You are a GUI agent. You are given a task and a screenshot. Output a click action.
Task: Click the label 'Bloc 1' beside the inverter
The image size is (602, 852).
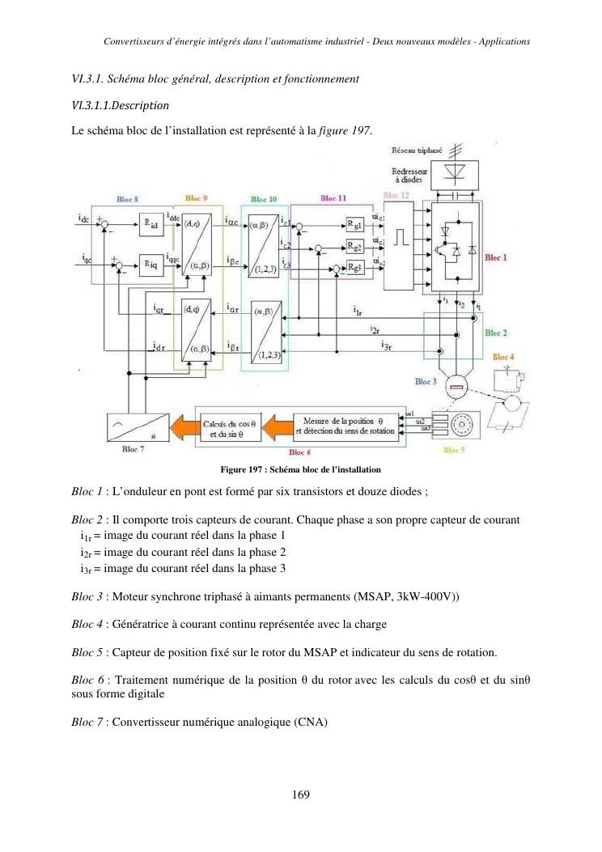tap(494, 257)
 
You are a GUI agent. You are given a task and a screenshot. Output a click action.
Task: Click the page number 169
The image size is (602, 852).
tap(301, 795)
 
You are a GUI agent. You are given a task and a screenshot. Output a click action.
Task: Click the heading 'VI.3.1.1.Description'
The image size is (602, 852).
tap(121, 105)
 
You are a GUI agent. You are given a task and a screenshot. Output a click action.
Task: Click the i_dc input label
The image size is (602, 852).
tap(84, 219)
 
